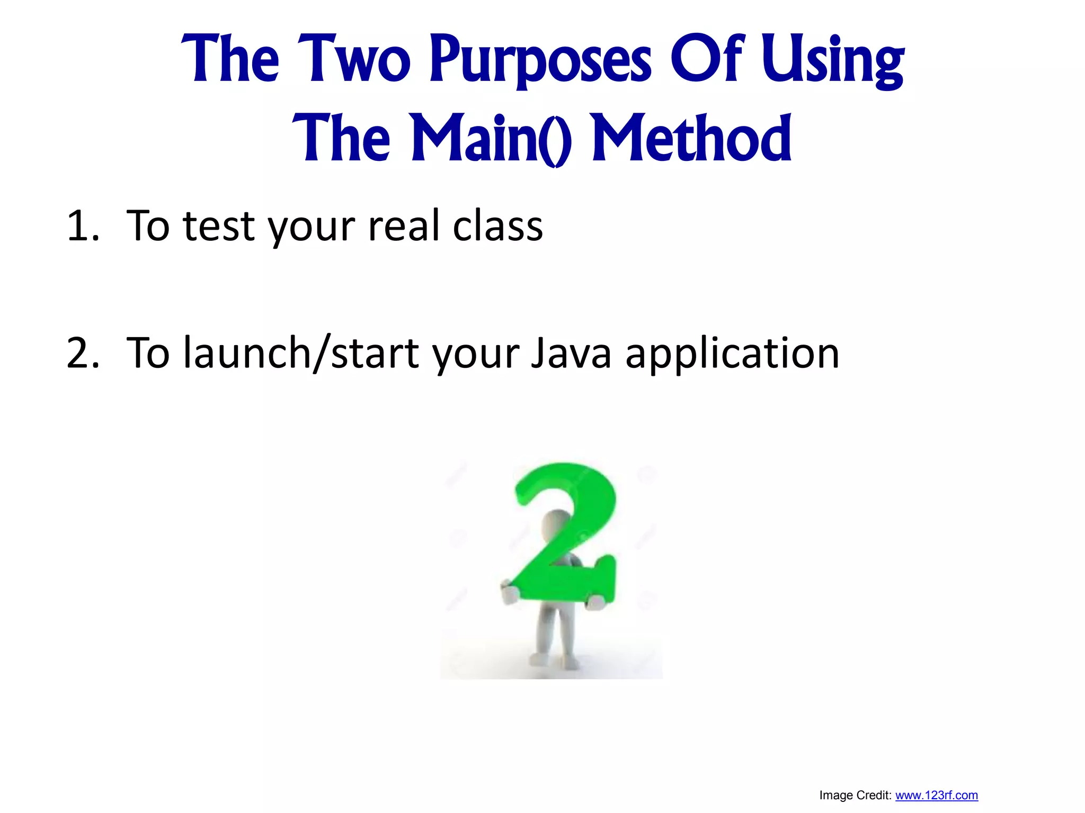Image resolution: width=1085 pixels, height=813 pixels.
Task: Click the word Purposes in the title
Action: point(540,59)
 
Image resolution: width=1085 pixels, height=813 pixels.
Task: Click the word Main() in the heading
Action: point(491,139)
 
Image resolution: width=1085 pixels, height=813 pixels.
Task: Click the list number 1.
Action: point(82,227)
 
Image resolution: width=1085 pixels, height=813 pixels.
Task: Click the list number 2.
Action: point(82,354)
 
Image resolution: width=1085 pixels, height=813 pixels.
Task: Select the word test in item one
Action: point(219,227)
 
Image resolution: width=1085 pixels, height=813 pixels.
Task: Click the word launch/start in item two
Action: point(301,354)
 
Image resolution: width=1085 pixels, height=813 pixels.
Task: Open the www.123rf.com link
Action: point(936,796)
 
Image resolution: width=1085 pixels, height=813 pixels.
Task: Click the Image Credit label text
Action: point(855,796)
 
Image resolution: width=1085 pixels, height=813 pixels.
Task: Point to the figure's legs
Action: point(553,635)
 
